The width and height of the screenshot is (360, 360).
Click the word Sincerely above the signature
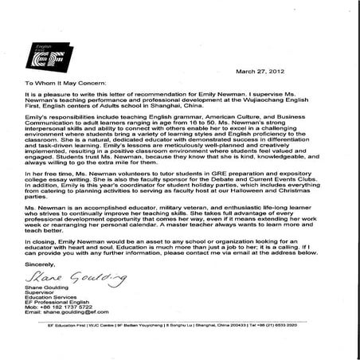pos(40,262)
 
